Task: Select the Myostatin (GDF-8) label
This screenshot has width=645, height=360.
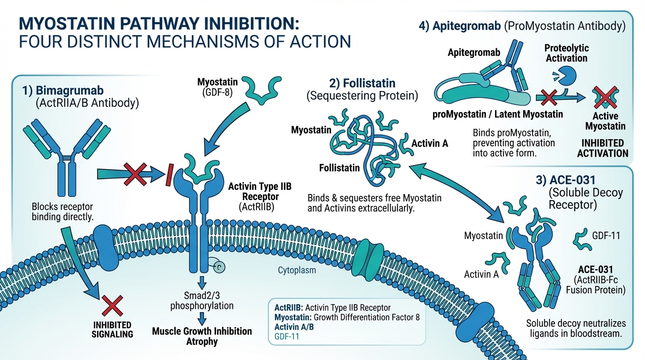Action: [217, 87]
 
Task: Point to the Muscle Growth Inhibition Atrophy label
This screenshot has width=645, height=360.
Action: [202, 336]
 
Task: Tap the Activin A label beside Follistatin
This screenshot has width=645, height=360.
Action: [429, 143]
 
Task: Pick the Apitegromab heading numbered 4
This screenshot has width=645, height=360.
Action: [522, 26]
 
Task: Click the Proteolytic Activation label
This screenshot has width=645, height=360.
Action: [566, 53]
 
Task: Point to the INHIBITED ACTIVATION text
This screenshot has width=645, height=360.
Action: [602, 148]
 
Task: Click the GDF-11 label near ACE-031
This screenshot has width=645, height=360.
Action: [606, 235]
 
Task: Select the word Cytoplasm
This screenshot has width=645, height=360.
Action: [297, 270]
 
